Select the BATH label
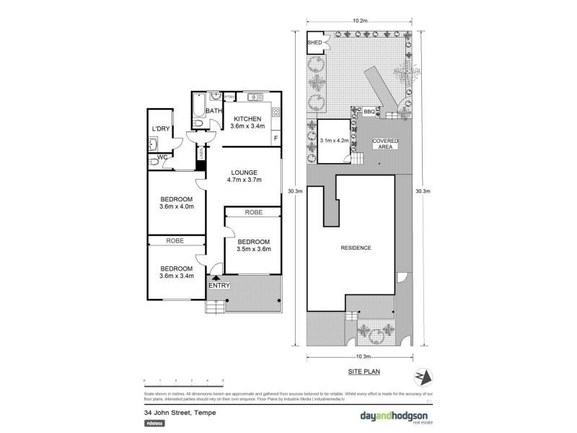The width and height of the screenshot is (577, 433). [x=214, y=110]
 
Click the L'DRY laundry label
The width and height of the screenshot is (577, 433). [x=160, y=128]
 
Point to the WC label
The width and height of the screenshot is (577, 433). [x=162, y=157]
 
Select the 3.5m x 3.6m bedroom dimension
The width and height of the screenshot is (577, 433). [x=253, y=250]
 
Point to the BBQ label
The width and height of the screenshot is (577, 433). [x=369, y=112]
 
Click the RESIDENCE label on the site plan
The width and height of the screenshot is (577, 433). [x=356, y=248]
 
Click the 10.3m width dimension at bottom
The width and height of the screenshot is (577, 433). [x=361, y=357]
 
